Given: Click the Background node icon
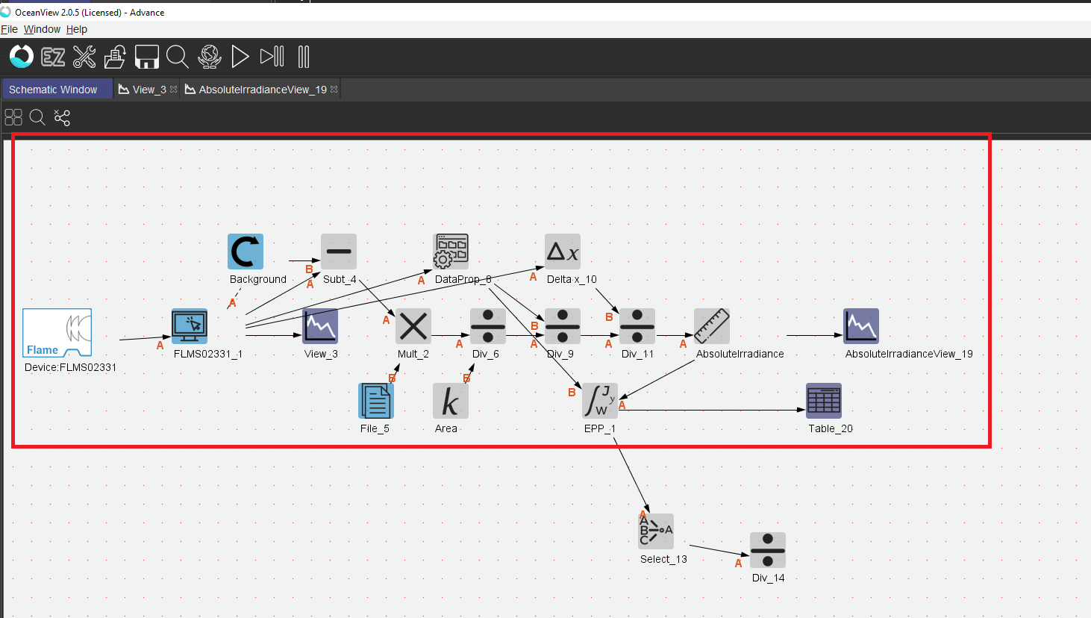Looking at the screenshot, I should point(246,252).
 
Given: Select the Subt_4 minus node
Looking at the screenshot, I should point(339,252).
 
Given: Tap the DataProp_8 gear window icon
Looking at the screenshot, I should point(451,252).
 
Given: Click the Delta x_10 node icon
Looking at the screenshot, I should point(563,252).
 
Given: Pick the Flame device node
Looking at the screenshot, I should point(57,333).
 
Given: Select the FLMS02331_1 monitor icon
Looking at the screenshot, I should point(190,326).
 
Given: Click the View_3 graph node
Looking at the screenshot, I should point(320,326).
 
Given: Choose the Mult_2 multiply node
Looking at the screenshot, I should point(413,326).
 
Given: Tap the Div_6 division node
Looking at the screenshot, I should point(488,326).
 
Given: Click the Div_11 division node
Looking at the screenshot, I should point(637,326).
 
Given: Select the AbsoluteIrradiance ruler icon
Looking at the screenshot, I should point(712,326).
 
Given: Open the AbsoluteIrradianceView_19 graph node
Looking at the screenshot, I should point(861,326).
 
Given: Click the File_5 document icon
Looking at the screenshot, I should point(376,401).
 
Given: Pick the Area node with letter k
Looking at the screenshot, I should point(451,401).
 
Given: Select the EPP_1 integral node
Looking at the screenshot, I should point(600,401).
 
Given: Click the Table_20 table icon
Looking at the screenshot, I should point(824,401).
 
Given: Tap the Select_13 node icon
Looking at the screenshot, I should point(656,531).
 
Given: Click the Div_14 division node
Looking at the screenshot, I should point(768,550).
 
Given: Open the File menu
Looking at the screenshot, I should point(9,29).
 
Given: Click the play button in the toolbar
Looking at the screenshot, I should point(240,57).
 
